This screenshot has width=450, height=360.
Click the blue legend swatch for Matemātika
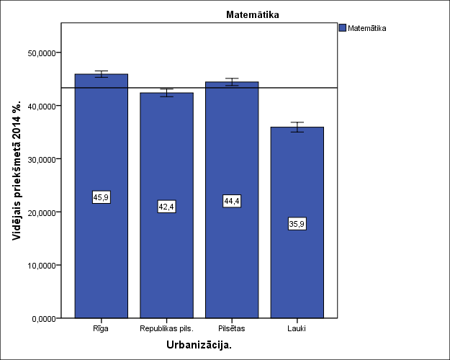pos(342,29)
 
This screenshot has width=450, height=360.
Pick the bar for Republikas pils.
pos(166,259)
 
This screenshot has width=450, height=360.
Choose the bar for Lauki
pos(297,274)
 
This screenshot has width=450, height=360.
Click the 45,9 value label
pos(102,197)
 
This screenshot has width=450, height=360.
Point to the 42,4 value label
pos(166,207)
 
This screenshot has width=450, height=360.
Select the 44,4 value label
pos(232,202)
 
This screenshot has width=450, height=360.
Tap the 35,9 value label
pos(297,224)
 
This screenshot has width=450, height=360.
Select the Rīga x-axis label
pos(102,328)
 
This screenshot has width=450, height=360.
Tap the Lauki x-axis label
pos(297,328)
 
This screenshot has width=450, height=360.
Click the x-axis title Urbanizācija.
pos(199,346)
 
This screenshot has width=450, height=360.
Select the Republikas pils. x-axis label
pos(166,328)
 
